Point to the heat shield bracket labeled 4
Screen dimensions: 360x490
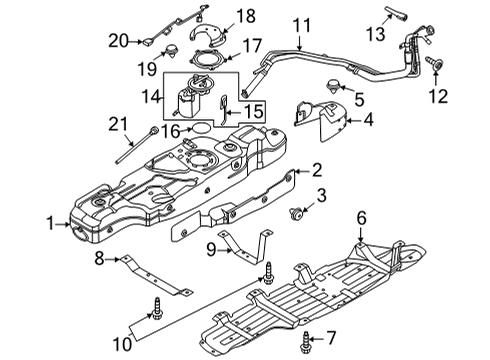coord(325,121)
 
